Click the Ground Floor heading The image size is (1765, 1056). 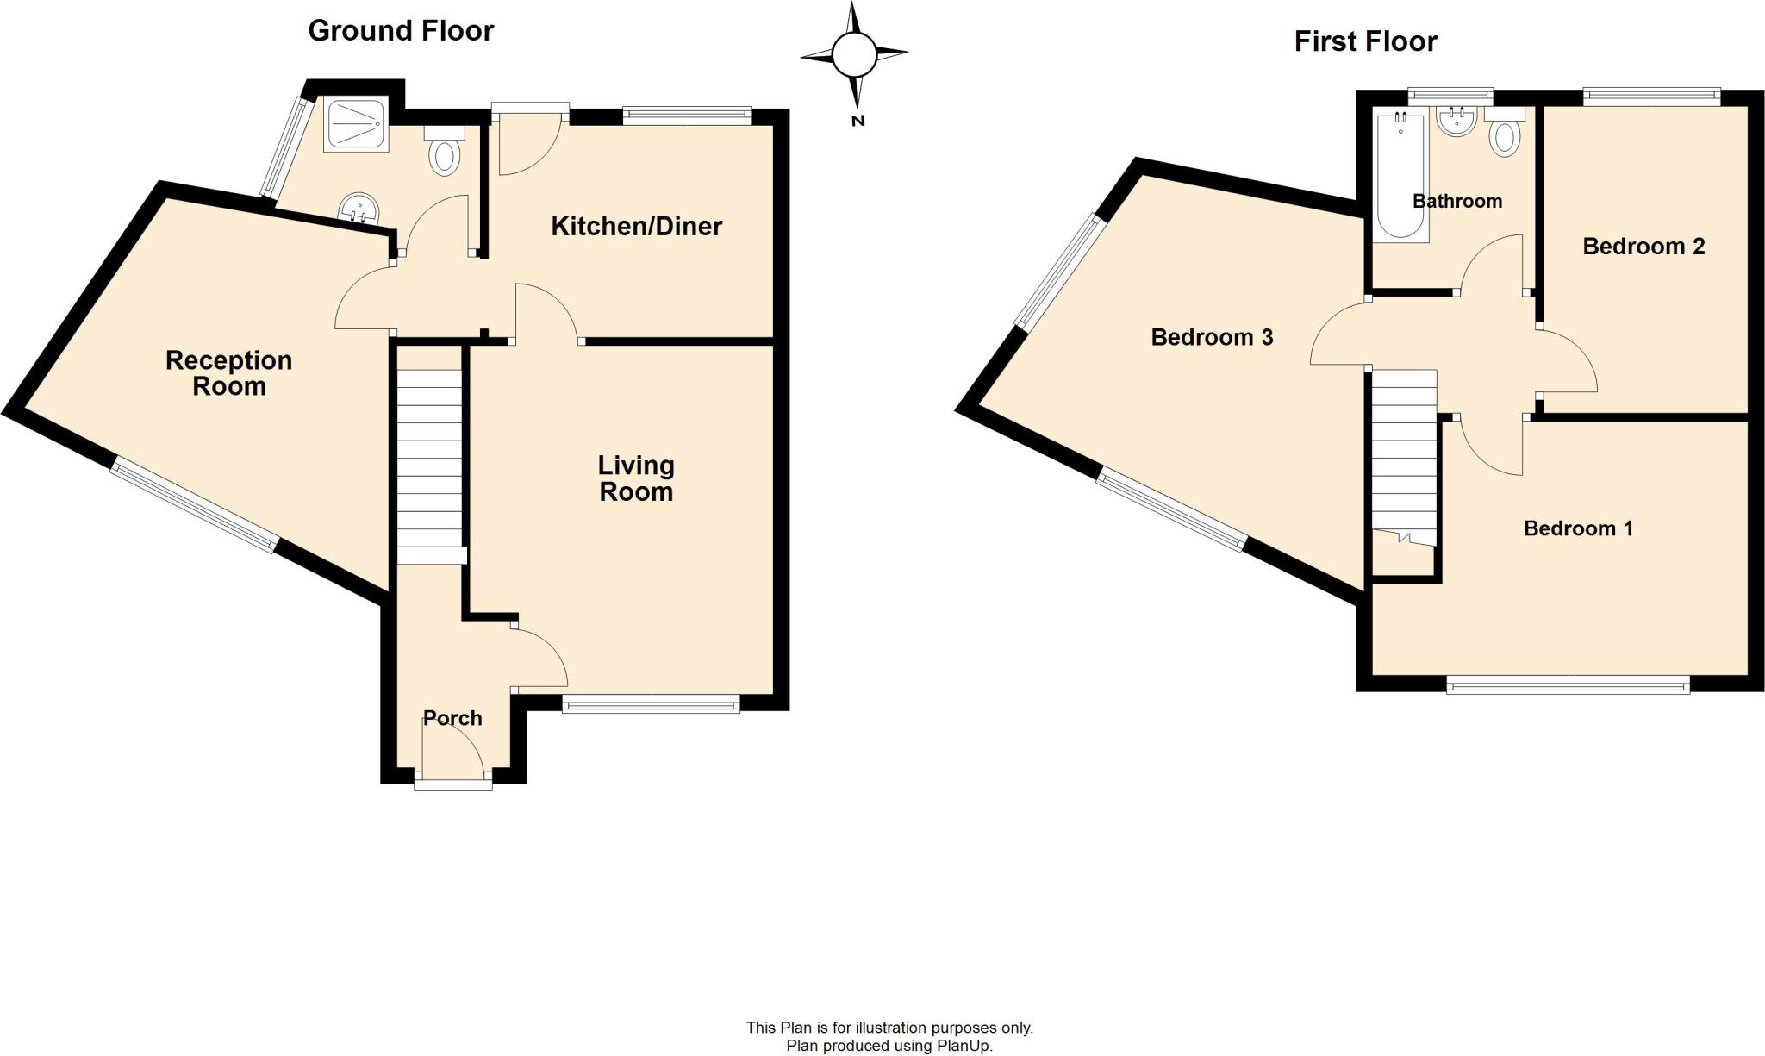tap(401, 31)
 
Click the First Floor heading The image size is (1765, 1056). tap(1365, 41)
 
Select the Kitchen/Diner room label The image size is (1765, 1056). tap(636, 227)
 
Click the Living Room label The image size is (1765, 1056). tap(636, 478)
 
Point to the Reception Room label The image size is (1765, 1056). tap(228, 372)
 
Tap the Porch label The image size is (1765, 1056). tap(452, 718)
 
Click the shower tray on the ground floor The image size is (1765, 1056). tap(356, 124)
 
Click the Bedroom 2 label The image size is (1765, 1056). tap(1643, 247)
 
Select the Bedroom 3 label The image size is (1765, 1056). tap(1212, 337)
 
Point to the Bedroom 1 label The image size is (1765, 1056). tap(1578, 528)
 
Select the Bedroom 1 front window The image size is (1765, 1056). tap(1568, 686)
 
